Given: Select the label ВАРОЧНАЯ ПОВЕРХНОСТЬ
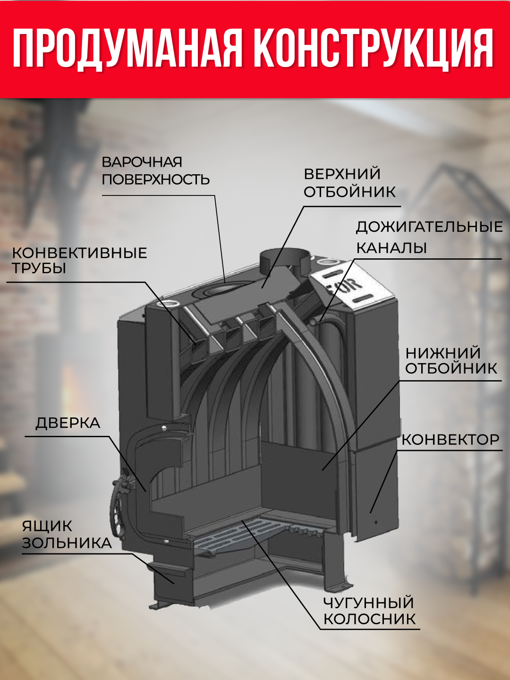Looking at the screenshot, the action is pyautogui.click(x=155, y=170).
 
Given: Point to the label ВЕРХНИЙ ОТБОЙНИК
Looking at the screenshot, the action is pyautogui.click(x=349, y=183).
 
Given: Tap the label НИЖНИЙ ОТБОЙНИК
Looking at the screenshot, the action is pyautogui.click(x=451, y=360).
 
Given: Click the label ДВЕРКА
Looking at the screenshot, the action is pyautogui.click(x=68, y=423).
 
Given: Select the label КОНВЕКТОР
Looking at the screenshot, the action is pyautogui.click(x=450, y=440).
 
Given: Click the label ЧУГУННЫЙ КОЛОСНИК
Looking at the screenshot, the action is pyautogui.click(x=369, y=611).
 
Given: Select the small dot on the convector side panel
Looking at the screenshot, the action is pyautogui.click(x=376, y=522).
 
